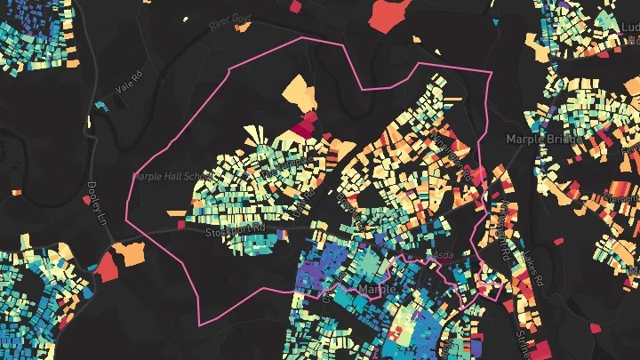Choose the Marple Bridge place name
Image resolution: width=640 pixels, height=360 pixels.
(543, 140)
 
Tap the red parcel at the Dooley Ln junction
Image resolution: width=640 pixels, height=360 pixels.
(108, 266)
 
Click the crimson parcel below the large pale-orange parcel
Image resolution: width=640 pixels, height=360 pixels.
(307, 124)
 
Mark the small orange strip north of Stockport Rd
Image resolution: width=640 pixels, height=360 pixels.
(175, 212)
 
